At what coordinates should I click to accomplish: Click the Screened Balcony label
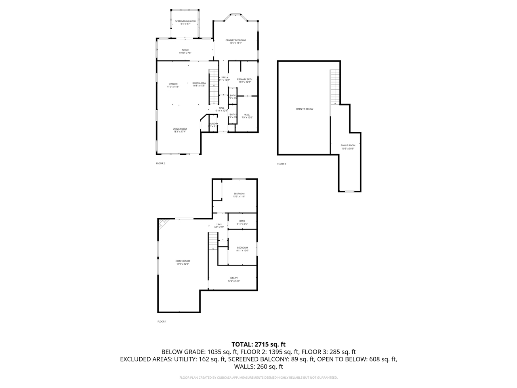pos(185,22)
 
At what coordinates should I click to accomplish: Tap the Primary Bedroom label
pos(235,42)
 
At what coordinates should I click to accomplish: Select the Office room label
pos(185,52)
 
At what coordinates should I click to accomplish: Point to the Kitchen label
pos(173,85)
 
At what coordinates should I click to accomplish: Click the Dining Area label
pos(199,84)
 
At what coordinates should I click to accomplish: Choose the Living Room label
pos(180,130)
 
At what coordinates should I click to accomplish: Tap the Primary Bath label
pos(244,80)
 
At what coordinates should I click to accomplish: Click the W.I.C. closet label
pos(246,116)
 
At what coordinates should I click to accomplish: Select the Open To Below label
pos(304,109)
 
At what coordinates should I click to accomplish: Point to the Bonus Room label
pos(348,147)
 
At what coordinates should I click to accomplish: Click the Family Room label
pos(182,262)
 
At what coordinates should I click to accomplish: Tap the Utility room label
pos(234,279)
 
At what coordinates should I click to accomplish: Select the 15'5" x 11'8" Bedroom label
pos(239,195)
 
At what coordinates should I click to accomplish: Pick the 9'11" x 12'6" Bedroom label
pos(242,249)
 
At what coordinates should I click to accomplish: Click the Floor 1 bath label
pos(242,222)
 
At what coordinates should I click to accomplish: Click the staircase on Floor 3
pos(335,86)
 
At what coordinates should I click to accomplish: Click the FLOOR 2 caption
pos(160,164)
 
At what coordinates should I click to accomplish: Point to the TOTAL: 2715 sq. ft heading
pos(258,344)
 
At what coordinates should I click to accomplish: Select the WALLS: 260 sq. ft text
pos(258,367)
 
